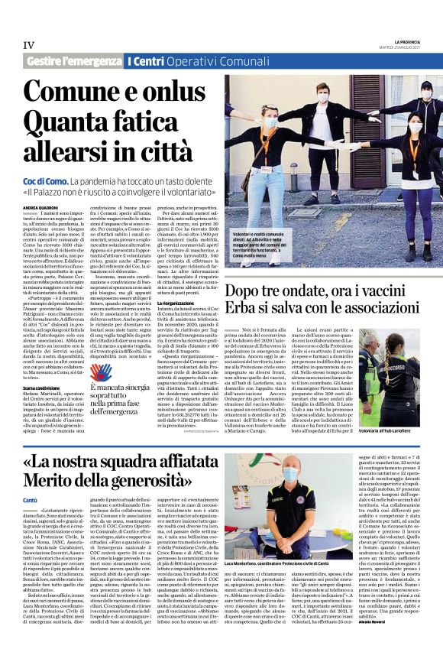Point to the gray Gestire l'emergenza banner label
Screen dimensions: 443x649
(73, 60)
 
